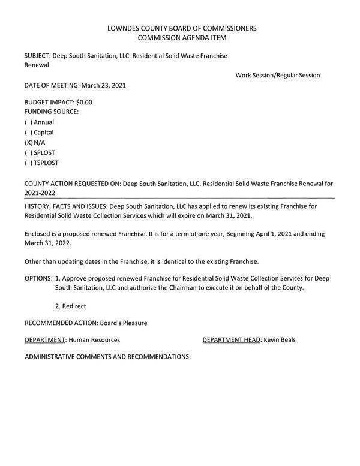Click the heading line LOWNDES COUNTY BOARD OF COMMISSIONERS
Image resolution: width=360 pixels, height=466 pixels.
coord(182,28)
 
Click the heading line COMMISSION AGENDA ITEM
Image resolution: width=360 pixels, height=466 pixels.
coord(182,38)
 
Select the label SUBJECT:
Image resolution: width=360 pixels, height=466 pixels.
coord(37,56)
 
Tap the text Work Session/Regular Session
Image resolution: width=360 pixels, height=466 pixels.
coord(278,75)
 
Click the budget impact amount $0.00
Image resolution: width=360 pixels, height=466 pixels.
coord(84,102)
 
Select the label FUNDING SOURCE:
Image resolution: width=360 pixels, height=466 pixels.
coord(52,112)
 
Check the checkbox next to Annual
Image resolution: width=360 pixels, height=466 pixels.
coord(28,122)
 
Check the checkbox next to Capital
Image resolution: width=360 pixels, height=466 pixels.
coord(28,133)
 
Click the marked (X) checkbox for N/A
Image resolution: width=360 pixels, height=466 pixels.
coord(28,143)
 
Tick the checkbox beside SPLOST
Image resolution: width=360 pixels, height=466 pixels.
coord(28,153)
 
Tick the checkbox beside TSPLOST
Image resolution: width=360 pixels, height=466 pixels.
coord(28,163)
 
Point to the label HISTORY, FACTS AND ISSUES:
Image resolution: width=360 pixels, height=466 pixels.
coord(66,206)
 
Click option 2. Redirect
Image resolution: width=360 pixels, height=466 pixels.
coord(70,306)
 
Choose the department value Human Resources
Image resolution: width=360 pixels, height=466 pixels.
coord(94,340)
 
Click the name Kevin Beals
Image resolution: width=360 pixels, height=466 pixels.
coord(280,340)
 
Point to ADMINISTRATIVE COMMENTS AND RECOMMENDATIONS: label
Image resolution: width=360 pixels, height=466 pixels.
coord(107,357)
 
